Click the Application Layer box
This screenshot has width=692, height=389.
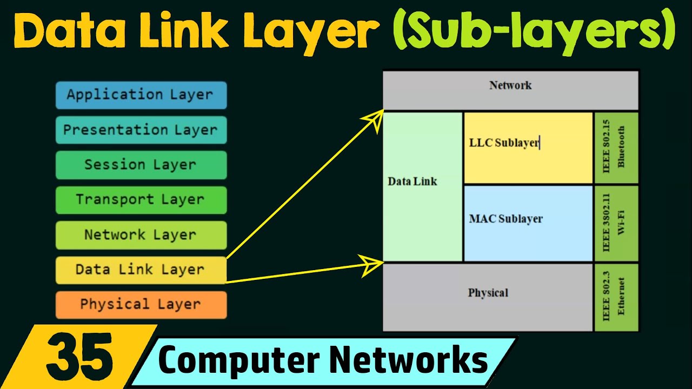click(141, 95)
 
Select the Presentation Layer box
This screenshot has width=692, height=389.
click(141, 130)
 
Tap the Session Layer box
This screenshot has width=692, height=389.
click(141, 165)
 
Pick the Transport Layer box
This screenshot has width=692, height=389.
click(141, 200)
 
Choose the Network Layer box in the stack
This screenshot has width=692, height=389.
click(141, 235)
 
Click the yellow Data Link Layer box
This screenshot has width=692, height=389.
click(141, 270)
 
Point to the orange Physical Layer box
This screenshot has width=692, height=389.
click(141, 305)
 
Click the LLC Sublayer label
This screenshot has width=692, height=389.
click(504, 143)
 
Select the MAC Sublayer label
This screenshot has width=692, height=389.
click(505, 219)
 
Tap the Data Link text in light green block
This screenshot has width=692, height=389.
click(412, 182)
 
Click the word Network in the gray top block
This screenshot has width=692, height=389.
click(510, 85)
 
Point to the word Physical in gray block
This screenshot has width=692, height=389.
click(488, 293)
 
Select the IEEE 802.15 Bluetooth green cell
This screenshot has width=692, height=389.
click(616, 147)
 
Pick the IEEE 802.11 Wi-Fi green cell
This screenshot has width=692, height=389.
click(616, 224)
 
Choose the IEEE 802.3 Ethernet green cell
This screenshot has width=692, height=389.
click(616, 297)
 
